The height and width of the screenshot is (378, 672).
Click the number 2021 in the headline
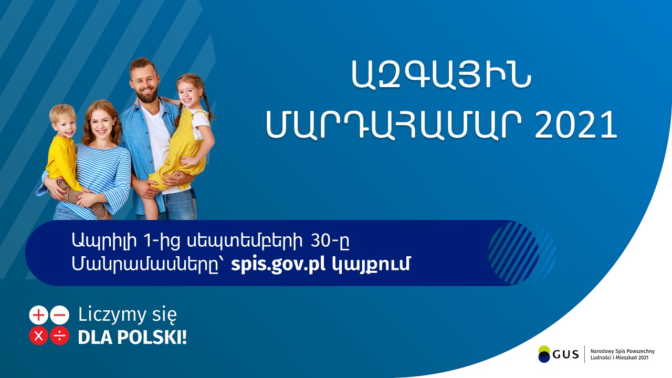tap(576, 125)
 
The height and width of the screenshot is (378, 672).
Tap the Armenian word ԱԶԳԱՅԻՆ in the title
tap(441, 75)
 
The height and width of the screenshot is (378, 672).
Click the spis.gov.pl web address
tap(278, 265)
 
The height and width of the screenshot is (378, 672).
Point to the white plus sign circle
tap(38, 315)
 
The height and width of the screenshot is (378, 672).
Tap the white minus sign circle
tap(59, 315)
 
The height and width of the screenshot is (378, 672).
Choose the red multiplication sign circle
tap(38, 336)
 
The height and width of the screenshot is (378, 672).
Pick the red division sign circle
tap(59, 336)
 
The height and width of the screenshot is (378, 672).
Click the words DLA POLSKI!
tap(132, 337)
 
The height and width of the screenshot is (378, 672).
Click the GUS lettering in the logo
tap(565, 354)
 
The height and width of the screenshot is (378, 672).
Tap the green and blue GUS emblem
tap(544, 354)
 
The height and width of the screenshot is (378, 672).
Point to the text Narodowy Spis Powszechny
tap(623, 351)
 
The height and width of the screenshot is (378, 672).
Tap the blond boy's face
tap(64, 124)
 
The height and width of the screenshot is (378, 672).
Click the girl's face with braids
tap(188, 92)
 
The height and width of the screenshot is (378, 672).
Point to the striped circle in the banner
tap(513, 253)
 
